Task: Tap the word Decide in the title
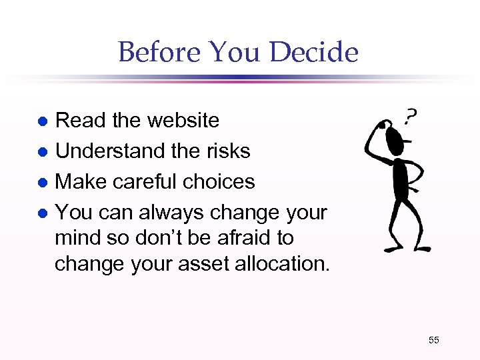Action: [318, 52]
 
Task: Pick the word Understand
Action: [110, 151]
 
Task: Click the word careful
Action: [154, 181]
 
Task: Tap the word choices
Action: [221, 181]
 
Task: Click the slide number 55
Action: [433, 341]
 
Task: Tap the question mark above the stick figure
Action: [411, 119]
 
